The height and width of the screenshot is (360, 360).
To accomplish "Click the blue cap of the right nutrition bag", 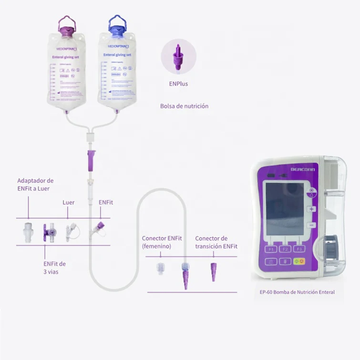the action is tap(115, 28).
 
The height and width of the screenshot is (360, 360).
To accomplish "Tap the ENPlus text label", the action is tap(177, 83).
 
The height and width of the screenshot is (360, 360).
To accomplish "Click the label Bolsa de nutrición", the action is tap(184, 106).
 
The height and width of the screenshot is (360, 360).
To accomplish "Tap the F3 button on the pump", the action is tap(299, 249).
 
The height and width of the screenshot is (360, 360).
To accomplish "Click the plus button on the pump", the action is tap(312, 209).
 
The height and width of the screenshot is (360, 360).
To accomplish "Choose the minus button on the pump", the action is tap(312, 225).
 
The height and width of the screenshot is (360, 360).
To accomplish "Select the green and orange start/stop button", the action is tap(299, 261).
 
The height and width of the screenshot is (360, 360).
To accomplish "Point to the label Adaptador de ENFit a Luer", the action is tap(35, 185).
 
